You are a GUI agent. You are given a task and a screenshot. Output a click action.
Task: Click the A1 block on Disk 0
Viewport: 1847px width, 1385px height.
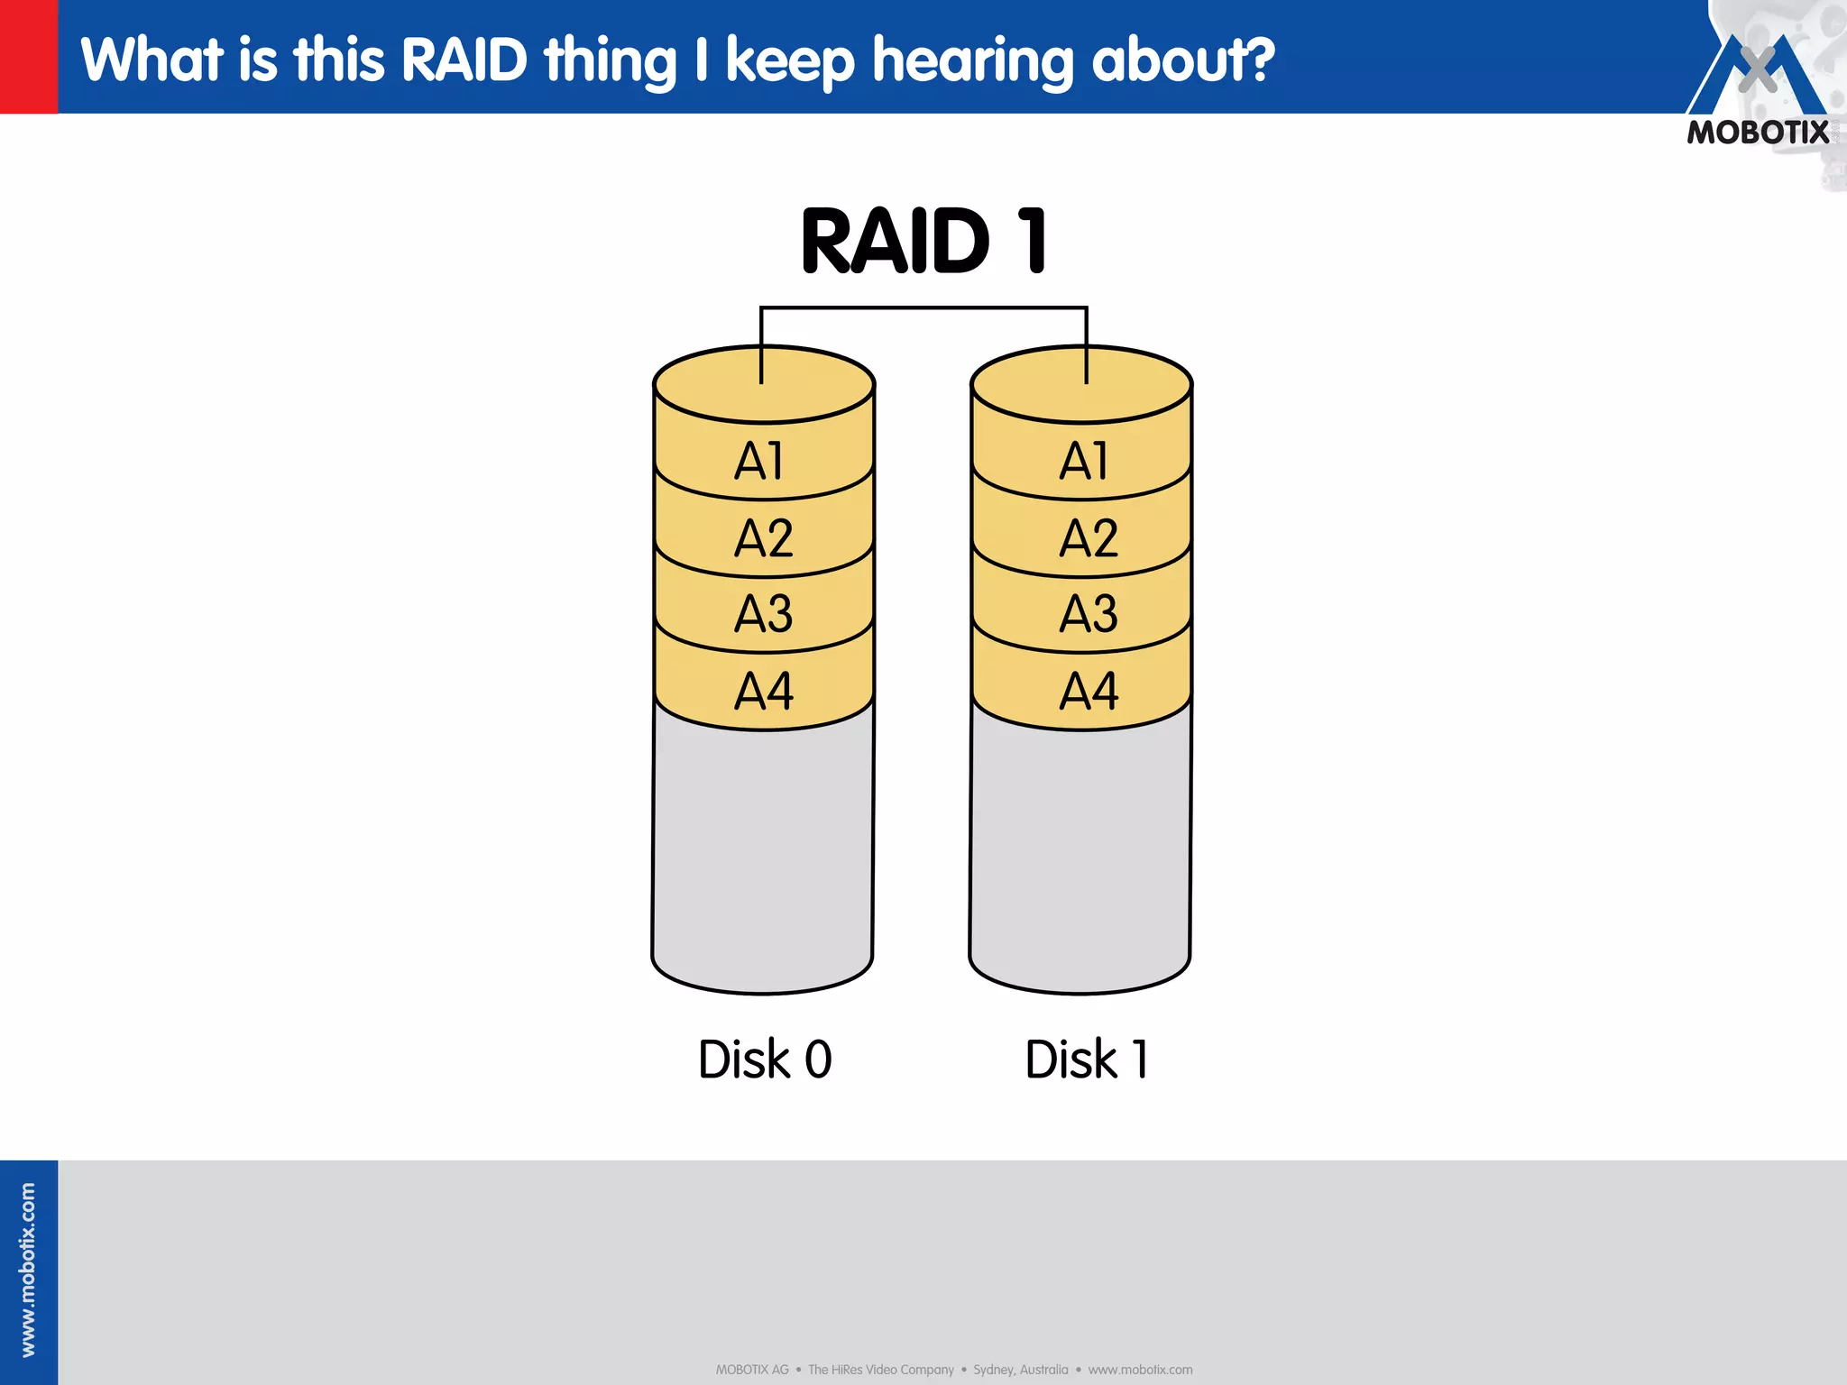point(763,461)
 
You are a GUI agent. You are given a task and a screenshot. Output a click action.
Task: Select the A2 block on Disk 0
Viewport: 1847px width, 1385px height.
point(763,538)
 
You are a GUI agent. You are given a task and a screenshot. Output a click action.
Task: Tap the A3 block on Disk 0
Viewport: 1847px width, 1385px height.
point(763,614)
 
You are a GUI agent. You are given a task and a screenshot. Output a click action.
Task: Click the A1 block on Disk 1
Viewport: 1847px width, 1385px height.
point(1082,461)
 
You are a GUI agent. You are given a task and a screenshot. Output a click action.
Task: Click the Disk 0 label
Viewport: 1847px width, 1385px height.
point(765,1059)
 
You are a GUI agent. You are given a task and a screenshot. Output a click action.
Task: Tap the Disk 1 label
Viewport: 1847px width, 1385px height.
point(1087,1059)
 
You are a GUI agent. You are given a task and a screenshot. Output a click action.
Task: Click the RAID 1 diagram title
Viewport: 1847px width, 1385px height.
point(923,241)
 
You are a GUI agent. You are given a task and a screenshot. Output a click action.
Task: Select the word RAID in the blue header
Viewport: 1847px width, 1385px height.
point(464,60)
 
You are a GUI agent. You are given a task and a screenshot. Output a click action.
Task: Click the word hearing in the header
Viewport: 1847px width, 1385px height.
point(973,61)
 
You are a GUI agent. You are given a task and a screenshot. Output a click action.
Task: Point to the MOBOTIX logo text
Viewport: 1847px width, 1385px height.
point(1758,133)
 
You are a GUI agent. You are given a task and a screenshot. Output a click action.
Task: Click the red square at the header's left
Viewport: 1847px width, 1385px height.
point(29,56)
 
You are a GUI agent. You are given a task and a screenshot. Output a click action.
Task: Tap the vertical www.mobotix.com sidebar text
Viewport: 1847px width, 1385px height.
point(28,1270)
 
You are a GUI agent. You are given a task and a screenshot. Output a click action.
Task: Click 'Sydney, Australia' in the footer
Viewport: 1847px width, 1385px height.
point(1020,1370)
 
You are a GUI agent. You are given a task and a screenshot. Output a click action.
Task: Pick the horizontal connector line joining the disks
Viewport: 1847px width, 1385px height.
point(923,308)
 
